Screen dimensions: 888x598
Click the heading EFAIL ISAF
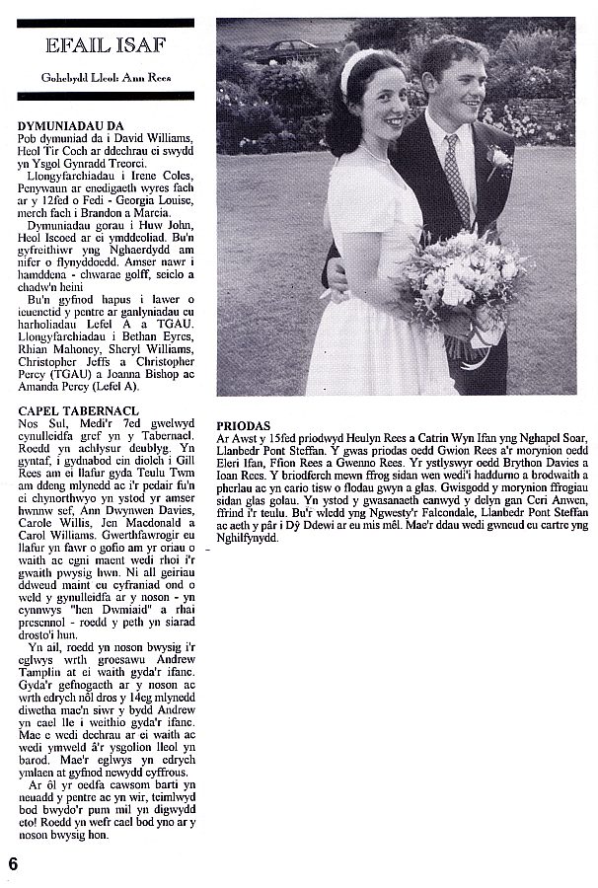tap(105, 46)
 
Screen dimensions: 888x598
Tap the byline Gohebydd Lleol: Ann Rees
tap(105, 76)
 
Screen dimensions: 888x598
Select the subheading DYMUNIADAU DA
tap(68, 127)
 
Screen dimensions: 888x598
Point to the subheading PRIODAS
tap(243, 425)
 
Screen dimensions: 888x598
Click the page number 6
tap(13, 861)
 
